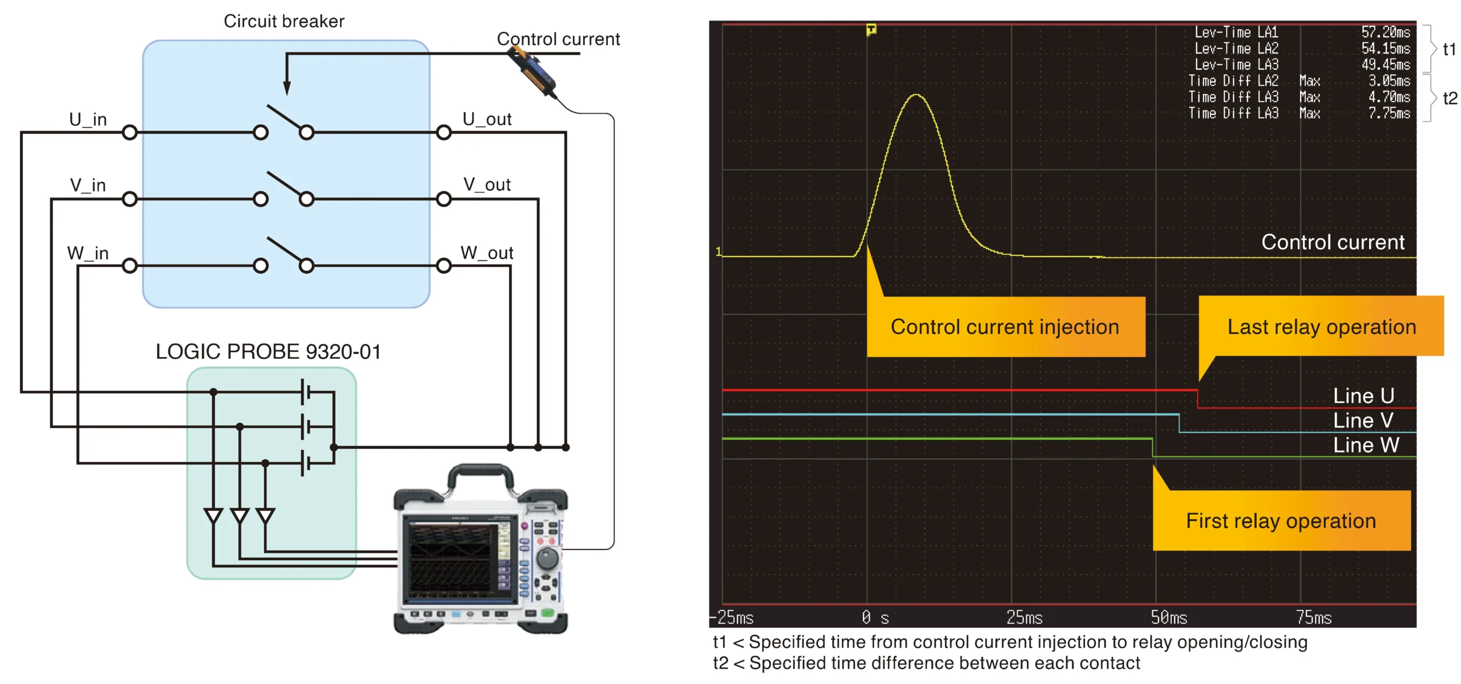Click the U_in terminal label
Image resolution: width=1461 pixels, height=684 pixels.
click(88, 119)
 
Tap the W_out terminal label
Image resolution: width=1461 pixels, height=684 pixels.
click(487, 253)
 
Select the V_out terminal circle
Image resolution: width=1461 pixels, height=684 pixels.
click(443, 199)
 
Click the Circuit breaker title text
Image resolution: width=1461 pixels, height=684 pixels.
click(284, 21)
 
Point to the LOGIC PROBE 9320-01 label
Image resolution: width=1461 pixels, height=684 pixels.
click(268, 351)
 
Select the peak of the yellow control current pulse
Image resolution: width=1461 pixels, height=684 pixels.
click(916, 95)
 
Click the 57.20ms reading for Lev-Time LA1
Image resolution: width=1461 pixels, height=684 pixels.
click(1385, 32)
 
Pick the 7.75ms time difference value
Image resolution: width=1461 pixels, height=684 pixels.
click(1389, 113)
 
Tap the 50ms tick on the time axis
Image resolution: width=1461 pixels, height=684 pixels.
click(1169, 617)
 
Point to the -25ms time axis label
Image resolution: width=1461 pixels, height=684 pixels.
click(732, 617)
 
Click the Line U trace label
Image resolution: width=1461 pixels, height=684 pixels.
click(1363, 395)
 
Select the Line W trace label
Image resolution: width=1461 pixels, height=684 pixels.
click(1366, 445)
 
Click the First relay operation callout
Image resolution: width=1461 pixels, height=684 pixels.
click(1281, 520)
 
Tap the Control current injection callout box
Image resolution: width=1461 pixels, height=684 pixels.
click(1006, 326)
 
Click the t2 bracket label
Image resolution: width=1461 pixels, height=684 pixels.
click(1450, 98)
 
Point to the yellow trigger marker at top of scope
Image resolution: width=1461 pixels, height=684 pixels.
click(871, 29)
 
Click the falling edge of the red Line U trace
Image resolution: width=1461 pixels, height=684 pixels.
click(1197, 399)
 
